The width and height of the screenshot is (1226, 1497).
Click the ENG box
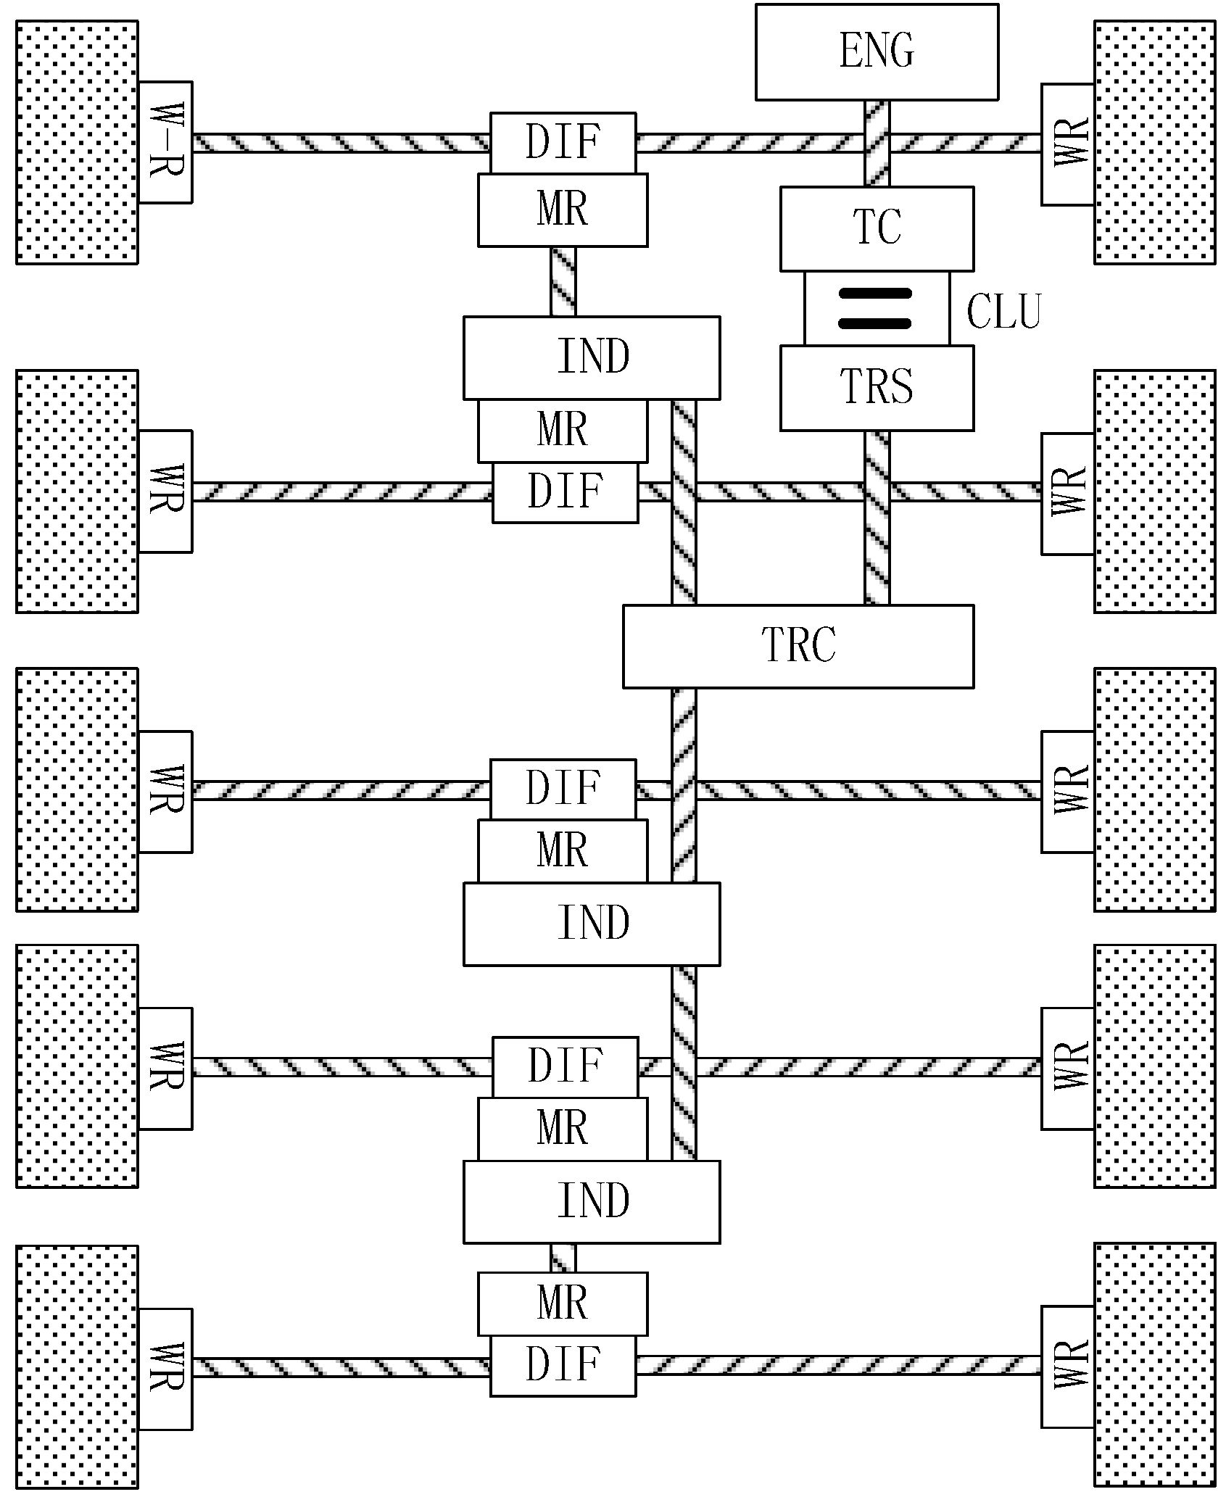click(x=876, y=51)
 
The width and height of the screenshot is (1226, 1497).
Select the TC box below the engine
click(x=876, y=228)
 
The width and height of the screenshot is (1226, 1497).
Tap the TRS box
click(x=876, y=387)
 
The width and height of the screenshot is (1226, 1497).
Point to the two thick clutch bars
click(x=874, y=308)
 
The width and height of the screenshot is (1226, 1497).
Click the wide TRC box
click(x=798, y=646)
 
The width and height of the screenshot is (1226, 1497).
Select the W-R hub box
click(x=165, y=142)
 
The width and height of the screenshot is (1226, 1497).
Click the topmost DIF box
click(x=563, y=142)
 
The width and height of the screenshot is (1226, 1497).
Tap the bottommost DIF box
click(x=563, y=1366)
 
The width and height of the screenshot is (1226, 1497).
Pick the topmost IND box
click(x=591, y=357)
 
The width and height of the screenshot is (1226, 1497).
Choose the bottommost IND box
click(x=591, y=1202)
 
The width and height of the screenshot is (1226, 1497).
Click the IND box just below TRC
click(x=591, y=924)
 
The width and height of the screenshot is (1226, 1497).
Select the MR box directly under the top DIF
click(x=562, y=210)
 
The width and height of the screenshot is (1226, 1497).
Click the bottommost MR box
click(x=562, y=1303)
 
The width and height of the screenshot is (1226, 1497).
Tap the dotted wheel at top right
click(x=1154, y=142)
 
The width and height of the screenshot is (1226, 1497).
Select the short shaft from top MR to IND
click(x=563, y=281)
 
